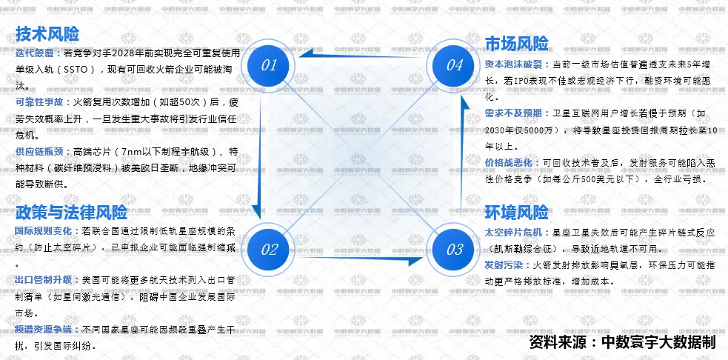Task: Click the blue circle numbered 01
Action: (269, 65)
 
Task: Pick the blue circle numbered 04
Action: (454, 65)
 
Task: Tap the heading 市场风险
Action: (516, 43)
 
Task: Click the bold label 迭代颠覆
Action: (35, 53)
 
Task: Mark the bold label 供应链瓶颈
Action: (40, 151)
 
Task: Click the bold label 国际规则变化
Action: (45, 230)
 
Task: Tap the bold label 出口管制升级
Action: (45, 280)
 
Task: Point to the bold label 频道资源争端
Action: (45, 329)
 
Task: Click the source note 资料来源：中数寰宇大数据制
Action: (624, 343)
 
